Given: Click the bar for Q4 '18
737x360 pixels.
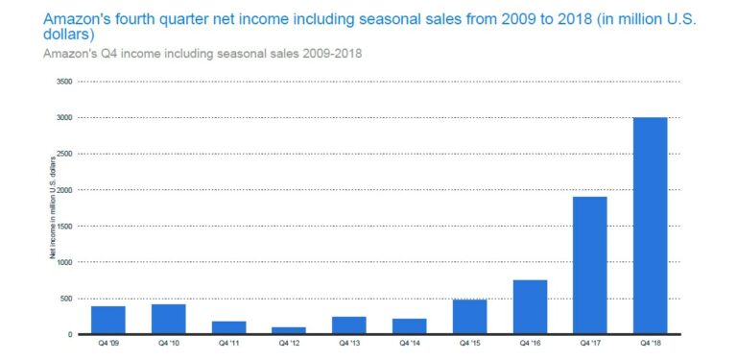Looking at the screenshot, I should [x=650, y=226].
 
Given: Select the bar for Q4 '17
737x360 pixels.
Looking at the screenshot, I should [x=590, y=266].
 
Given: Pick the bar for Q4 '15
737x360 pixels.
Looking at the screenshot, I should [x=469, y=317].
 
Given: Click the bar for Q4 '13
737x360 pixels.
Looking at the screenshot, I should [x=348, y=325].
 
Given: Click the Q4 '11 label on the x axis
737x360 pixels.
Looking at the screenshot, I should [x=228, y=343].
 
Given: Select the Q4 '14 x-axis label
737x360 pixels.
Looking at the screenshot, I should [x=409, y=343].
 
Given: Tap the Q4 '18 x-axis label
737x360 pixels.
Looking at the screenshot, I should [x=650, y=343].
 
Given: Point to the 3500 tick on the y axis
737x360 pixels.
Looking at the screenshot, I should [x=65, y=82].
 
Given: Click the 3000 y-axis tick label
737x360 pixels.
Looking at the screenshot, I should [x=65, y=118].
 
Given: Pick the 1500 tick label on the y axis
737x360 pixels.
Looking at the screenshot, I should [x=65, y=227].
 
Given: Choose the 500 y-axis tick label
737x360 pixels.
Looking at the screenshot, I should [x=67, y=299].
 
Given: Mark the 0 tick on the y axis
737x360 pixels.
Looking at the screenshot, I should [x=71, y=334].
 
